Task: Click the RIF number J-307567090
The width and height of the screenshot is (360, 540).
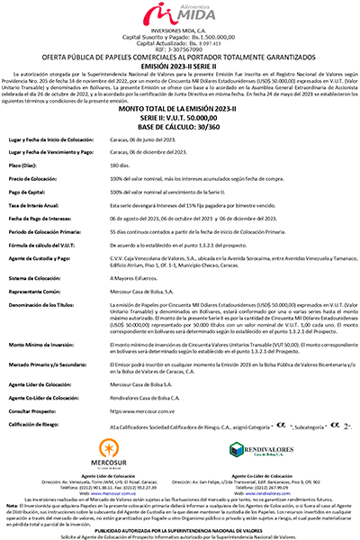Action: pos(180,49)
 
